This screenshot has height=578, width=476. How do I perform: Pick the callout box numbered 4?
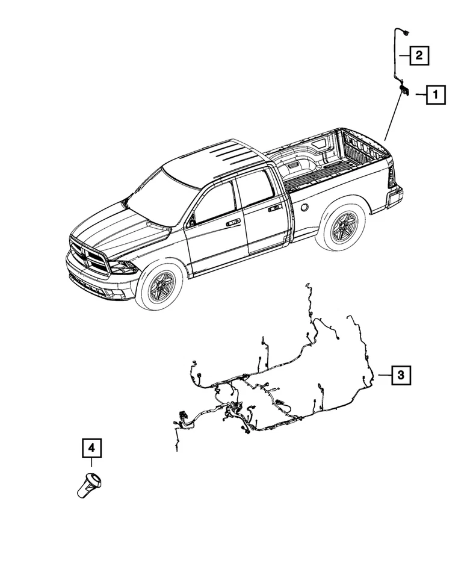tap(91, 448)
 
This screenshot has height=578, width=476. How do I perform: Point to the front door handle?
tap(232, 222)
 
